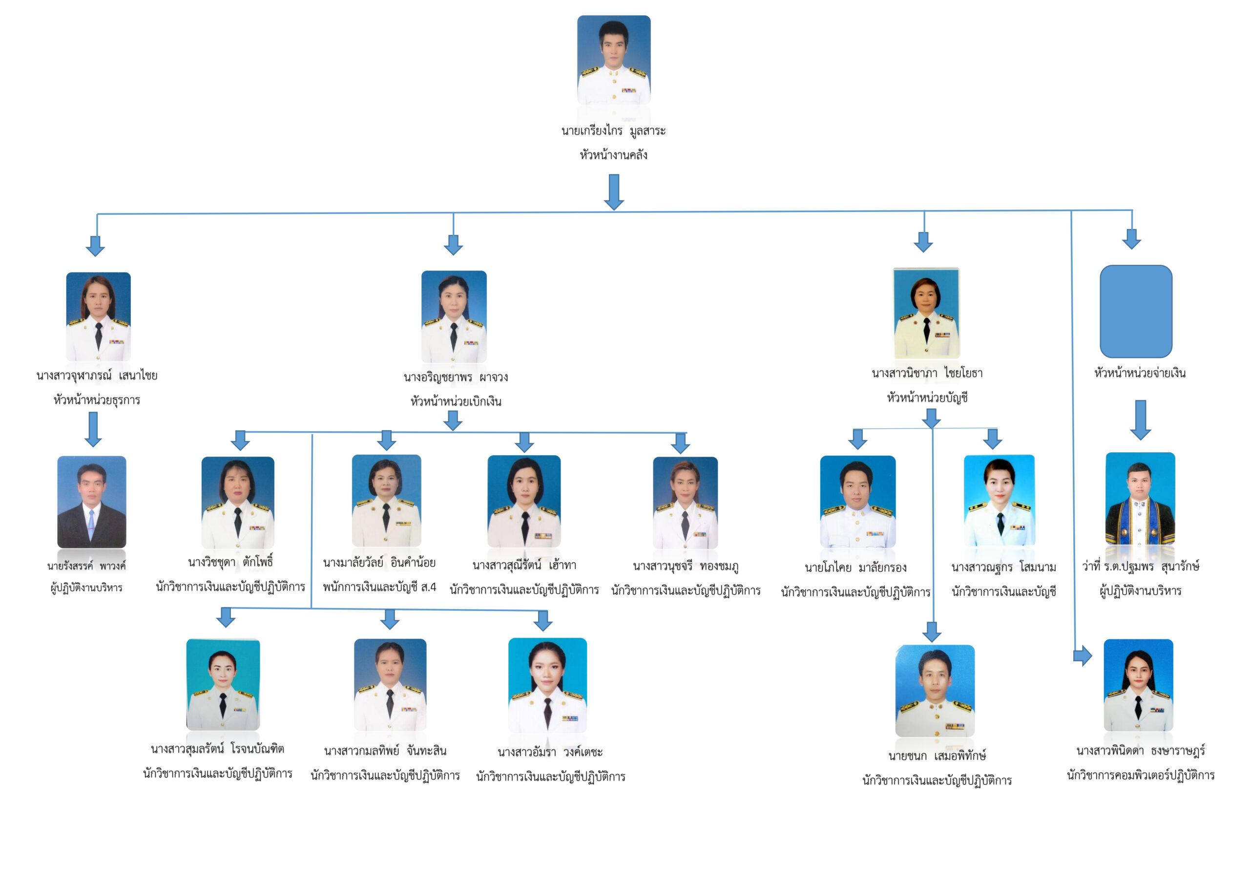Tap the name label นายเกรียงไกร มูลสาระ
click(x=614, y=131)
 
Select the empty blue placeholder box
click(x=1136, y=312)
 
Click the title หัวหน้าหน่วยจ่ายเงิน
click(x=1140, y=373)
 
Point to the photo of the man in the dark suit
click(x=91, y=502)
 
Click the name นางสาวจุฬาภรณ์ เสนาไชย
click(x=97, y=375)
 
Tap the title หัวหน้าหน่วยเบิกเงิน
click(x=456, y=402)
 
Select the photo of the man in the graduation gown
click(x=1140, y=499)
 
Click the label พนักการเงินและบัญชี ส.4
click(x=379, y=587)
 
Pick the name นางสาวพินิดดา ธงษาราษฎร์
click(x=1140, y=751)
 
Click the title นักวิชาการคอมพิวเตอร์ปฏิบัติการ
click(x=1140, y=775)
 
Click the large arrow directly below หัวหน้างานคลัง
click(x=614, y=192)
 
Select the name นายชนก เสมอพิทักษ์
click(x=937, y=756)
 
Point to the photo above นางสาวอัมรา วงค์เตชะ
click(x=548, y=685)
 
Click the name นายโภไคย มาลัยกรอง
click(x=855, y=568)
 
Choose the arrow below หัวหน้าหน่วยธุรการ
click(x=93, y=429)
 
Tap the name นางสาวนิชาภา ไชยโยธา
click(x=927, y=374)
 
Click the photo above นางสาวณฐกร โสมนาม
click(x=999, y=501)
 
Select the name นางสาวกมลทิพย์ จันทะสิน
click(x=385, y=751)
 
